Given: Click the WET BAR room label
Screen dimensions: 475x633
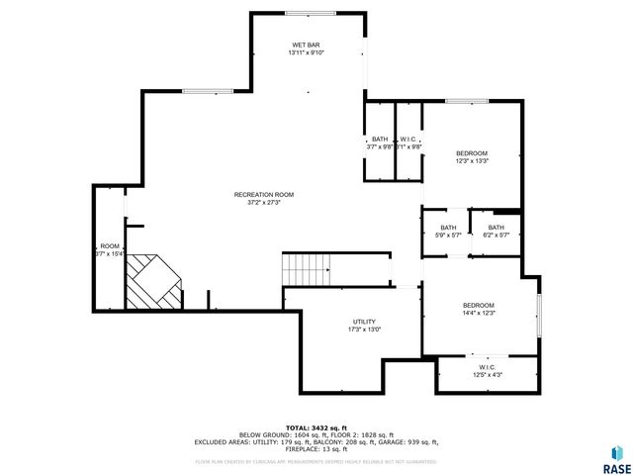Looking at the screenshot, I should [x=306, y=46].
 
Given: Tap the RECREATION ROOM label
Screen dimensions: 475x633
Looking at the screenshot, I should [x=263, y=195].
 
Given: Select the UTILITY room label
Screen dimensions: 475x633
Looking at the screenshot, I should [x=364, y=322].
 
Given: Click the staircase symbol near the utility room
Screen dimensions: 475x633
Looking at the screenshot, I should [x=306, y=267].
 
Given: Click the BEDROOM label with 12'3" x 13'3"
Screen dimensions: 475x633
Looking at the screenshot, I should [x=471, y=153].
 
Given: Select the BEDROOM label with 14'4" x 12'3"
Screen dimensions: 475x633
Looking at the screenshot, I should [x=478, y=306].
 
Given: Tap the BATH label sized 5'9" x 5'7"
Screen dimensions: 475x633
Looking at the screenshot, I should [x=448, y=228].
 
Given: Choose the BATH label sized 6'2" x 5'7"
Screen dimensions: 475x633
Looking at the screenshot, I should [x=495, y=228].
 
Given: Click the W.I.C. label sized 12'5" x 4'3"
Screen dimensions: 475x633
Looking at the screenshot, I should [x=488, y=368].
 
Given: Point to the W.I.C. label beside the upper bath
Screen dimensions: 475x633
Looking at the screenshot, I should [x=407, y=140].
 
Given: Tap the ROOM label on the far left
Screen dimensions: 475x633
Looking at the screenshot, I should [x=109, y=246].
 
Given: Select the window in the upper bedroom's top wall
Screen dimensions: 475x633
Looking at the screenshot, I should [x=466, y=101].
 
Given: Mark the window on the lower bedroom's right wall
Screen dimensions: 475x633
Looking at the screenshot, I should [x=539, y=314].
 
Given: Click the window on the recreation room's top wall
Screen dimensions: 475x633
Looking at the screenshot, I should [x=208, y=91].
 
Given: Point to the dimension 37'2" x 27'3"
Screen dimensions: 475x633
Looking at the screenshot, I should [x=263, y=203].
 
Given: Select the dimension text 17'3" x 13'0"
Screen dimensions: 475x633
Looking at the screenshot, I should [x=364, y=330].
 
